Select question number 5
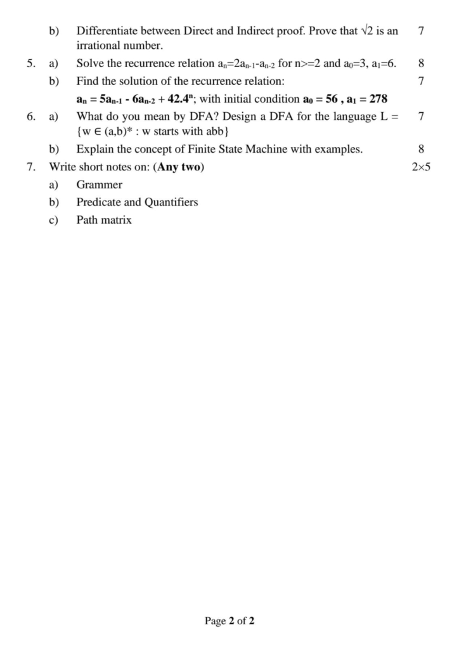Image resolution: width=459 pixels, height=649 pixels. coord(30,63)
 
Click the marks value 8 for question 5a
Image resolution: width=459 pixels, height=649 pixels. coord(422,63)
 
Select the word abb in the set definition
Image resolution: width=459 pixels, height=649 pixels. coord(213,131)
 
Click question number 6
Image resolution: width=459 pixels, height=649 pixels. coord(30,116)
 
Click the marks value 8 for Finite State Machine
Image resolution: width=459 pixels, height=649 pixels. coord(422,150)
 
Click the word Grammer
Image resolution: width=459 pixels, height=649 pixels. coord(99,185)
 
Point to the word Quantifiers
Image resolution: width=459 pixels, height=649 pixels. coord(171,202)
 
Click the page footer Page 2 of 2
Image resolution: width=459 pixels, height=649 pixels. coord(229,620)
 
